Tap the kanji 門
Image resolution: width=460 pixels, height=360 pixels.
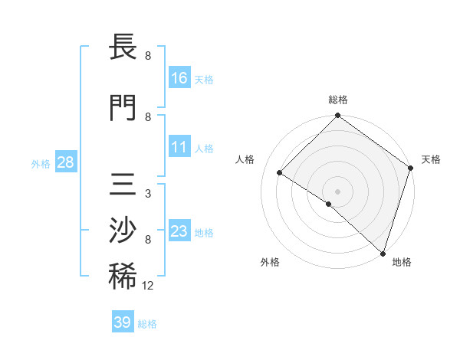[x=123, y=107]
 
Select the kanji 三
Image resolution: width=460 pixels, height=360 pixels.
[x=123, y=184]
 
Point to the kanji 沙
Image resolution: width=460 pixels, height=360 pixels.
[x=123, y=230]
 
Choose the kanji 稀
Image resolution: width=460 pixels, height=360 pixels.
[x=123, y=276]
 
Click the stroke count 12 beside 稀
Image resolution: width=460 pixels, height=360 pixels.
[x=148, y=286]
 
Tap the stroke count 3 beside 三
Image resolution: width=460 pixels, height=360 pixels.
[x=147, y=194]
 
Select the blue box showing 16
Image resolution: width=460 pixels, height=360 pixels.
[x=179, y=77]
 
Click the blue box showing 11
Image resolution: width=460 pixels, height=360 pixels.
[x=179, y=147]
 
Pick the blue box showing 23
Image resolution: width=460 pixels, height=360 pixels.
[x=179, y=231]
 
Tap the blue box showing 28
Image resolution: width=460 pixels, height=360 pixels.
[x=65, y=162]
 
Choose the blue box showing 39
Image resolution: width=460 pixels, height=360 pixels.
[x=122, y=322]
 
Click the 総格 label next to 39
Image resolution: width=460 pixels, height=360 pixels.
[x=147, y=324]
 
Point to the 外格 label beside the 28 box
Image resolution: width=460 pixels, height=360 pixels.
[x=41, y=163]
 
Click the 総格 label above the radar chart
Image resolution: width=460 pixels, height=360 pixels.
[x=338, y=100]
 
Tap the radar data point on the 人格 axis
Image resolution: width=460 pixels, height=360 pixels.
[x=280, y=173]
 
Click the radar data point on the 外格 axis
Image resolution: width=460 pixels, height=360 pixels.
[x=329, y=205]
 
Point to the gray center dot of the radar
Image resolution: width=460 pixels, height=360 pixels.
[x=338, y=191]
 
